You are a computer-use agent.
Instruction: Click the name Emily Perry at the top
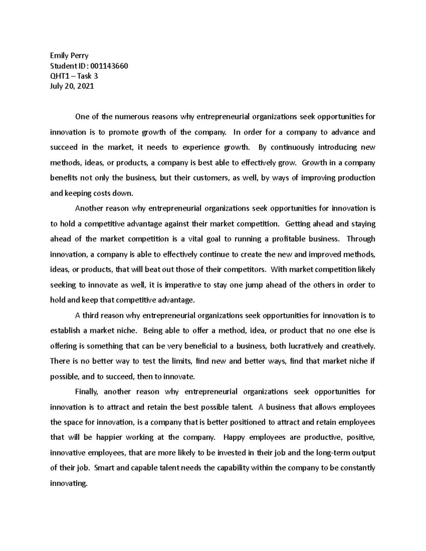69,55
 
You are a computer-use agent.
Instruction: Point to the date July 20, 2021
72,86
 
